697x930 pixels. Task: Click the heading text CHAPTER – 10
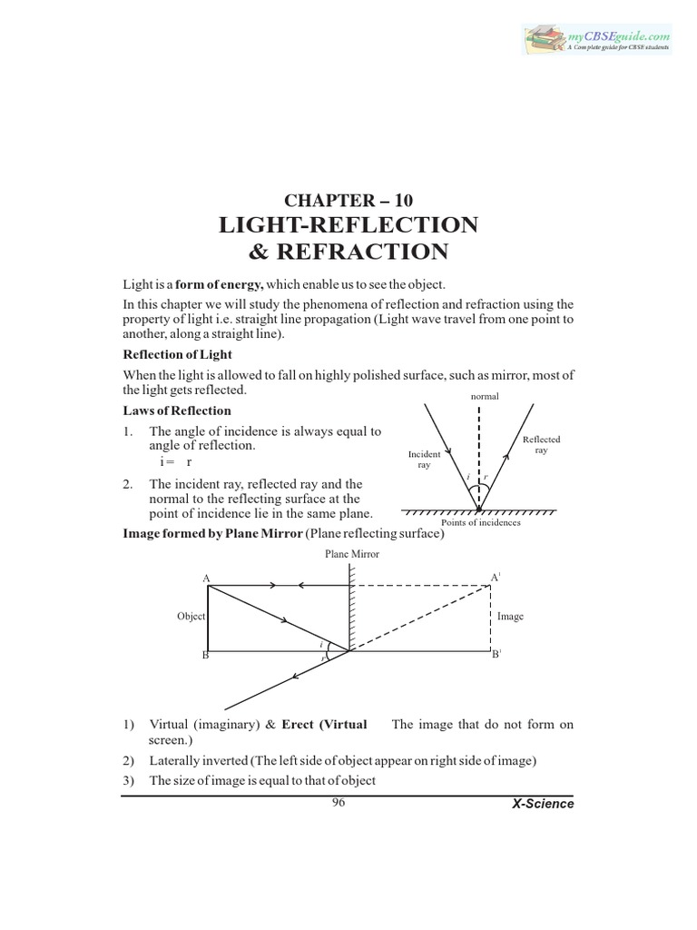point(348,199)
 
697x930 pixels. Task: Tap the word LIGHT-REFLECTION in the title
point(348,224)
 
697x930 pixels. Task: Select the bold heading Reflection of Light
point(178,354)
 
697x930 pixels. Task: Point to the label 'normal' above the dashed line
point(486,397)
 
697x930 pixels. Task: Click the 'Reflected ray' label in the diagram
point(542,444)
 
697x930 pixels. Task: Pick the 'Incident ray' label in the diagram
point(424,458)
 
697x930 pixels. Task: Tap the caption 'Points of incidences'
point(480,523)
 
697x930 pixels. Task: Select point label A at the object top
point(206,578)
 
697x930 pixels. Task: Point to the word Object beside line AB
point(191,616)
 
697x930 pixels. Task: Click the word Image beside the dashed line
point(510,616)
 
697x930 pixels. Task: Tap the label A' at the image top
point(496,577)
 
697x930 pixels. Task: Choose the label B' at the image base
point(496,654)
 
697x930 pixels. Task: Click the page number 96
point(339,802)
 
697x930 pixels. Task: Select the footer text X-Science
point(543,805)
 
